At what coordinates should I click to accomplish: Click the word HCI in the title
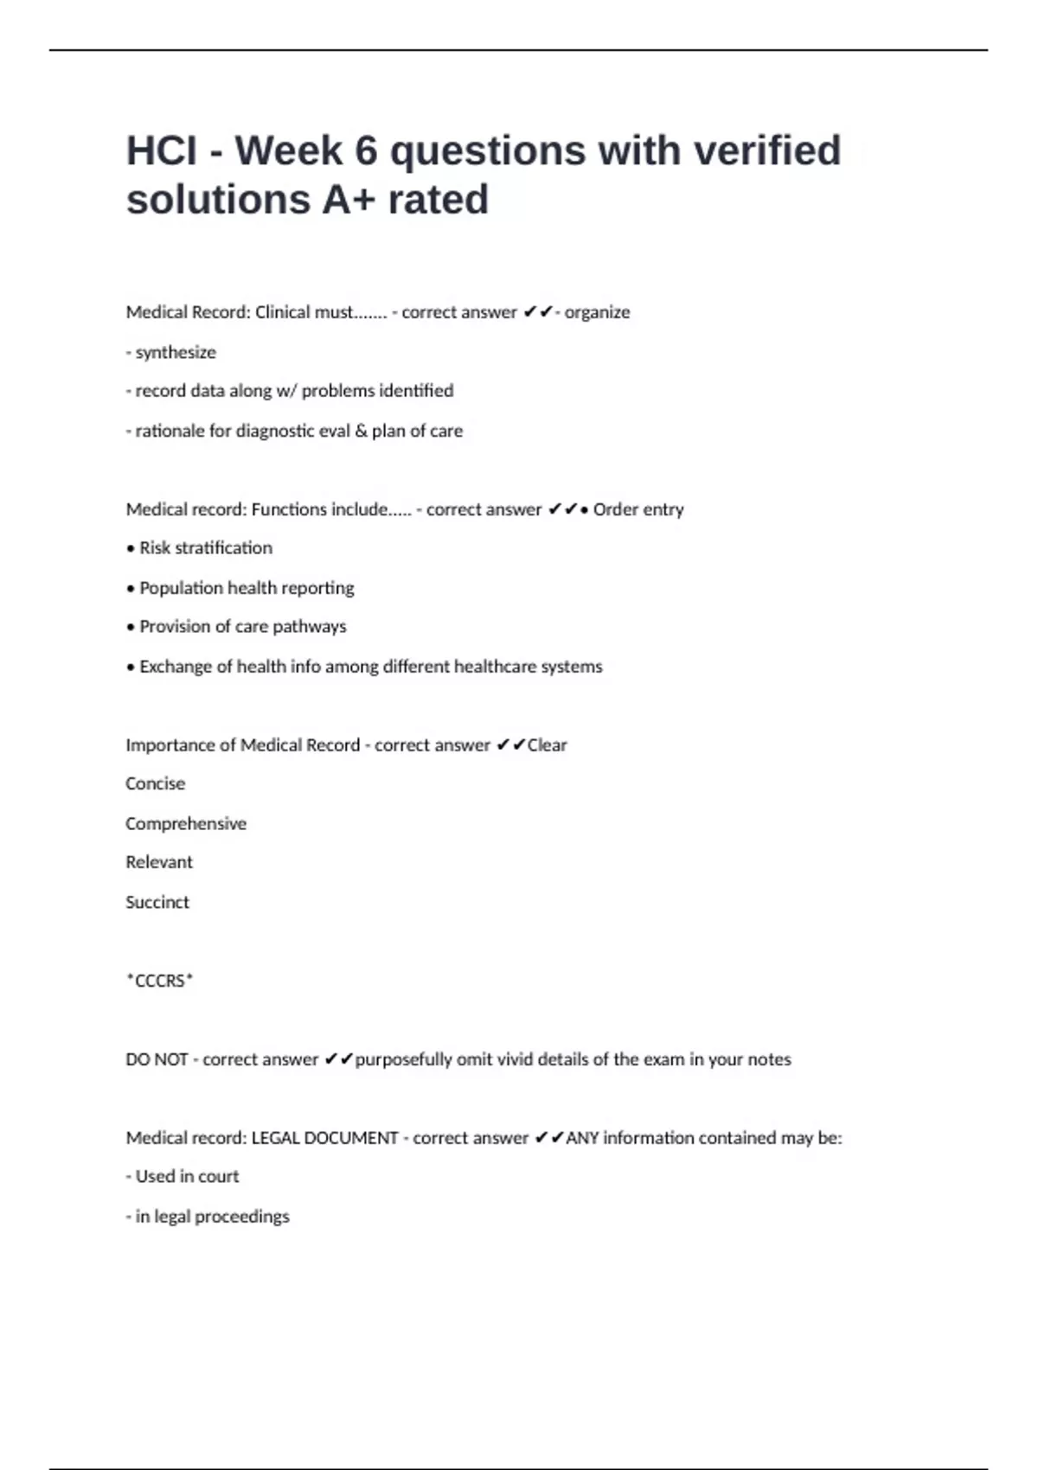pos(161,151)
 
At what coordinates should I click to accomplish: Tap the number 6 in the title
pos(366,151)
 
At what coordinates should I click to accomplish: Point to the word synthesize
pos(176,352)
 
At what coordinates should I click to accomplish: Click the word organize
pos(597,312)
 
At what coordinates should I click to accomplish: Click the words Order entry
pos(638,509)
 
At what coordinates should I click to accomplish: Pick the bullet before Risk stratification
pos(131,549)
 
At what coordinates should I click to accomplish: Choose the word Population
pos(181,588)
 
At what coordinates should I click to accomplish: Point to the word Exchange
pos(176,667)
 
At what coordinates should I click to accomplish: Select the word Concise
pos(156,783)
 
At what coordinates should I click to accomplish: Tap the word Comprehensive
pos(186,823)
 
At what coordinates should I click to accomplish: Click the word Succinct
pos(157,902)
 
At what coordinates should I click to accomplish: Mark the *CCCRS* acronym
pos(160,981)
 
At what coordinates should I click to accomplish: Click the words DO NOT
pos(157,1059)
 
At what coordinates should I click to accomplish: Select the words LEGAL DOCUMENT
pos(324,1138)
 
